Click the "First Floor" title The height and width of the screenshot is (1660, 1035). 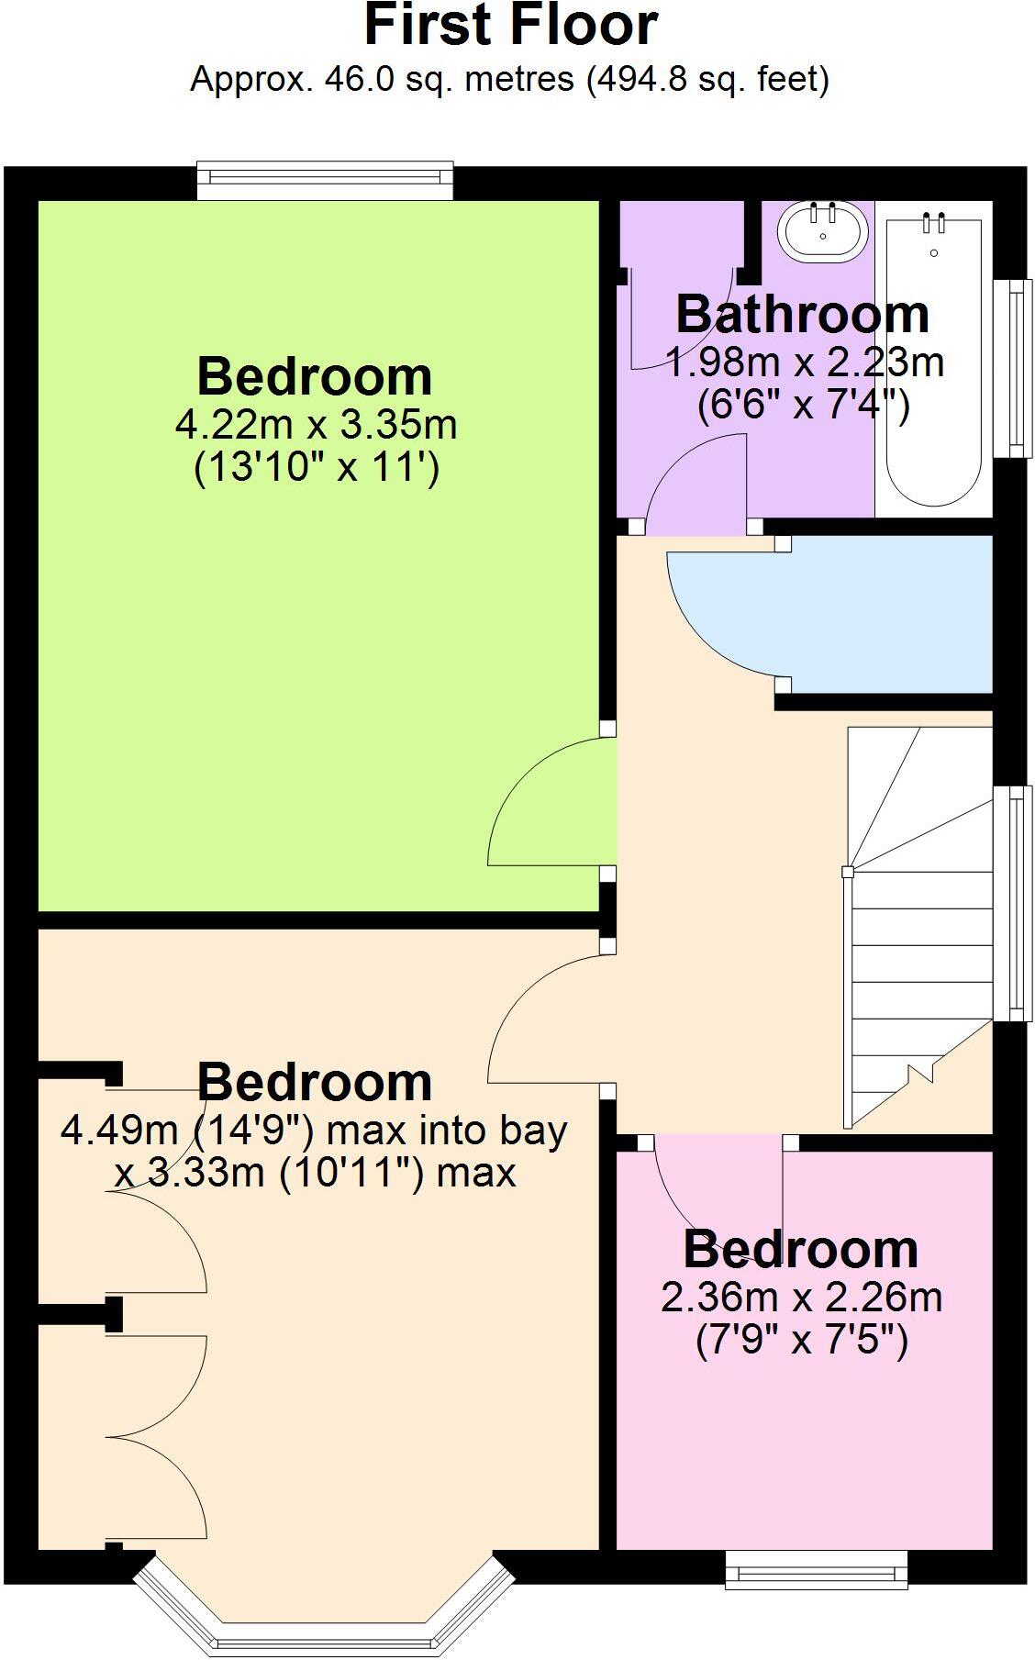pos(511,25)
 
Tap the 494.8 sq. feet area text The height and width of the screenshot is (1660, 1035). pos(707,80)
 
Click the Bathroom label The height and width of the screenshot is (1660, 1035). pos(803,315)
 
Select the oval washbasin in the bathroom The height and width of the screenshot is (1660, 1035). pos(823,230)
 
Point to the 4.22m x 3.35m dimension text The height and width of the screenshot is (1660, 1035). pos(316,425)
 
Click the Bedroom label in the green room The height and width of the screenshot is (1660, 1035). pos(315,377)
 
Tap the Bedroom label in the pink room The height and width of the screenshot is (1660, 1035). pos(801,1250)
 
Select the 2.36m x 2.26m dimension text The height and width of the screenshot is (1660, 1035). pos(802,1298)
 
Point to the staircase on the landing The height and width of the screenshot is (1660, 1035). pos(918,927)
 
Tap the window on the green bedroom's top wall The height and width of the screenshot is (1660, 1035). pos(326,183)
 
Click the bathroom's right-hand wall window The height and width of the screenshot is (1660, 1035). pos(1015,367)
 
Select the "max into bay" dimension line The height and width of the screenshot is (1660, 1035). pos(314,1130)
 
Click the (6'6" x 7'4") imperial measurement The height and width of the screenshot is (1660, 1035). pos(803,405)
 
